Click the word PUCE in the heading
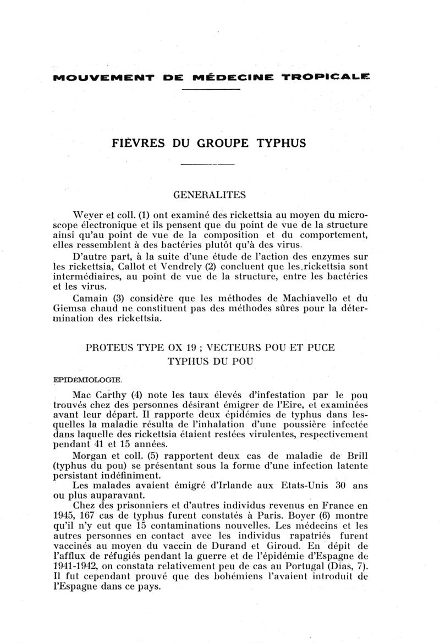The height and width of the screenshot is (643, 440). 322,348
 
